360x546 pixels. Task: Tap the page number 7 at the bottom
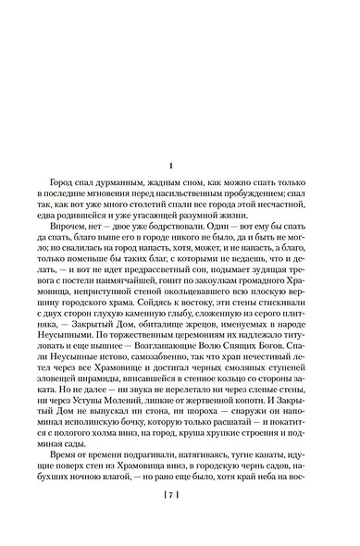pos(180,521)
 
